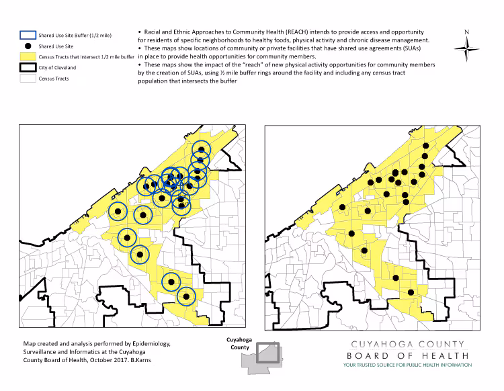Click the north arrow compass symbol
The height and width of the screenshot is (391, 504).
[x=466, y=48]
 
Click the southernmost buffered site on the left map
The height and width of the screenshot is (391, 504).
[x=186, y=295]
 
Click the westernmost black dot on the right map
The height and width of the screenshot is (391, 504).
[x=342, y=208]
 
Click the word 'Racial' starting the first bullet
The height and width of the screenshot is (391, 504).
[x=153, y=32]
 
